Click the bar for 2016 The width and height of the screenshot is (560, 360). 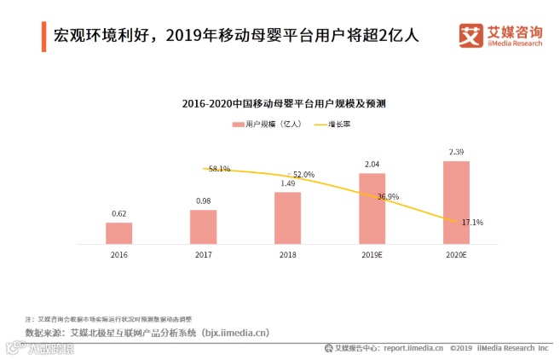pos(118,233)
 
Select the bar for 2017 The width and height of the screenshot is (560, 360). pos(203,227)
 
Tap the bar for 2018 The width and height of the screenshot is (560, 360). pos(287,218)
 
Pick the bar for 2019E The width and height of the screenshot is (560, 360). pos(372,208)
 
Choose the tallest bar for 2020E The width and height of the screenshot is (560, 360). pos(456,202)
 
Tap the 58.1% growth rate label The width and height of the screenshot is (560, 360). pos(219,169)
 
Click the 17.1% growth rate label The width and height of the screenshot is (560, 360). pos(472,223)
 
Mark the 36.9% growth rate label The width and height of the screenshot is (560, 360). pos(388,196)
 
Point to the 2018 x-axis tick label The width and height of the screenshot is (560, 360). pos(287,254)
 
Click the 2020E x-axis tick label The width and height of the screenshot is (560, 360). pos(456,254)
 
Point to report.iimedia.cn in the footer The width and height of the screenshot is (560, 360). pos(413,348)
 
